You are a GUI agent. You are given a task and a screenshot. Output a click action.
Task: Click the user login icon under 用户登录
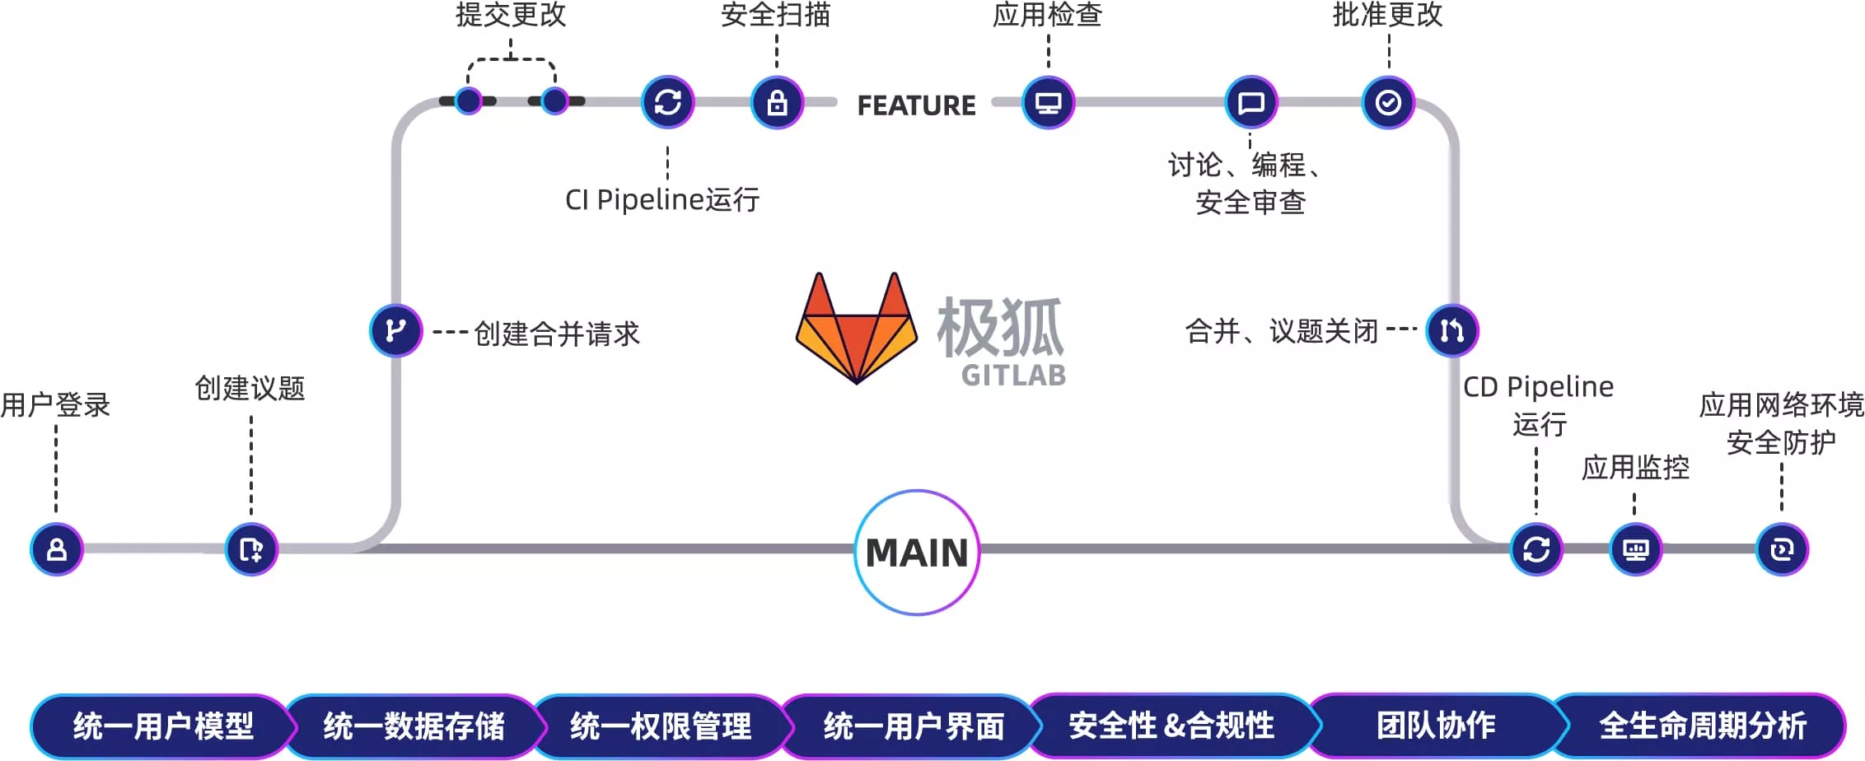[56, 549]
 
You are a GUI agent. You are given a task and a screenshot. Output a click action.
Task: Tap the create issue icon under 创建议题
[251, 549]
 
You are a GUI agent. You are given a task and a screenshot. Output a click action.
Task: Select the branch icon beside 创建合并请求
[395, 330]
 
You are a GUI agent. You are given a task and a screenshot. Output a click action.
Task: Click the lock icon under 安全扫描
[777, 103]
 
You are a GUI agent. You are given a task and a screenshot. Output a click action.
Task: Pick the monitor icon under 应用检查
[1048, 103]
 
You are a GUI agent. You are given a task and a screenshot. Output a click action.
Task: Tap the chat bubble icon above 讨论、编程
[1251, 103]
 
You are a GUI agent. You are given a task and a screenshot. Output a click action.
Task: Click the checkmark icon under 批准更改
[1388, 103]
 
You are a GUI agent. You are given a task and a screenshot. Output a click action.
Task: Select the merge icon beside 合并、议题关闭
[1452, 330]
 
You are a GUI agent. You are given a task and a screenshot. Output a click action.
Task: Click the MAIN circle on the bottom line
[917, 552]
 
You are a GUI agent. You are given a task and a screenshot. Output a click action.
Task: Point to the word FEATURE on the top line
[916, 105]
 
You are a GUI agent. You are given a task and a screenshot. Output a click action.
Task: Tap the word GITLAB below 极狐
[1013, 376]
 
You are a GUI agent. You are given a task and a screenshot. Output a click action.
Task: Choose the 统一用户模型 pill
[162, 726]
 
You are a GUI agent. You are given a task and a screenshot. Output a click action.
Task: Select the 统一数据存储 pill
[414, 726]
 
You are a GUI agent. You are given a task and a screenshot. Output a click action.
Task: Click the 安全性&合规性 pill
[1171, 726]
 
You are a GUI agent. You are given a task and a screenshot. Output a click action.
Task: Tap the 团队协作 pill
[1436, 726]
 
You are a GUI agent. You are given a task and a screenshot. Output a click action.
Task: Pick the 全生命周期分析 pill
[1702, 726]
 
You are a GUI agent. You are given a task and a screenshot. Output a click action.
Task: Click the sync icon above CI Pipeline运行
[668, 103]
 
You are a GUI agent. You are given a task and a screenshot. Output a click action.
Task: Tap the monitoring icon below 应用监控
[1636, 549]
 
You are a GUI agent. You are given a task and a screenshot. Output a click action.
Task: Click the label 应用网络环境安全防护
[1781, 423]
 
